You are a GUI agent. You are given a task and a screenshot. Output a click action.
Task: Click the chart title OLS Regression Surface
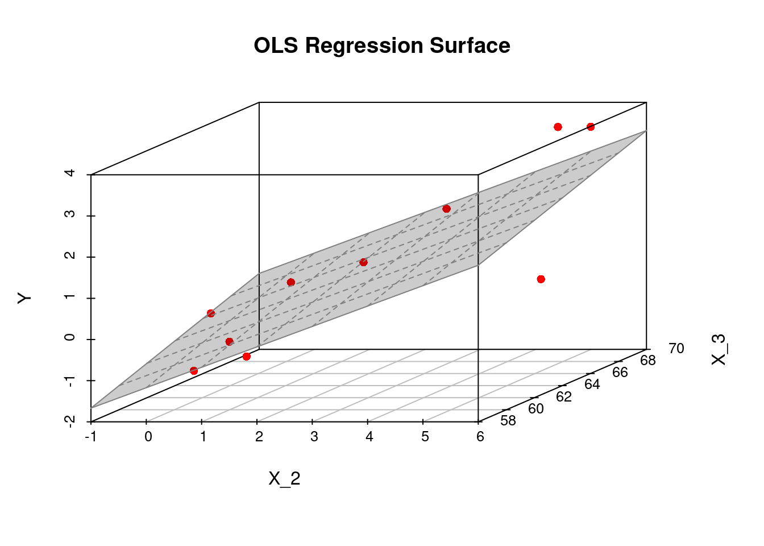381,45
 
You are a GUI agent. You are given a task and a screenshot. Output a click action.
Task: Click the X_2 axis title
284,479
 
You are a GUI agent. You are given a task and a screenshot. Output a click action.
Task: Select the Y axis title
24,298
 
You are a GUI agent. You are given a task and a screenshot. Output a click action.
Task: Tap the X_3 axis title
719,349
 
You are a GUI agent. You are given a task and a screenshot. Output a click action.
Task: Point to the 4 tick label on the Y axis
70,174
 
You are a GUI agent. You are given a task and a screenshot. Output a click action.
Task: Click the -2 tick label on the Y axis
70,421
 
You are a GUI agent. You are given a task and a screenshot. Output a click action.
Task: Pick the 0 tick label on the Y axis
70,339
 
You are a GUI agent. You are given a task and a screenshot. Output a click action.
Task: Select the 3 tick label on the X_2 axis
314,437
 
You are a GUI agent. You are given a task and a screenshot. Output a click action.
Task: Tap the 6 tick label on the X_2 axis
480,437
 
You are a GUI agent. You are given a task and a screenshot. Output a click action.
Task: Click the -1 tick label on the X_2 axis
90,437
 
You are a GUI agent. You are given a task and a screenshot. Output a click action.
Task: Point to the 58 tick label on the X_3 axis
508,421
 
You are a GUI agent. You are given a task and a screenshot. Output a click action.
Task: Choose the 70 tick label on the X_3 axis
676,348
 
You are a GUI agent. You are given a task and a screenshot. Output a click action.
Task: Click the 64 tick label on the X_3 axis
592,384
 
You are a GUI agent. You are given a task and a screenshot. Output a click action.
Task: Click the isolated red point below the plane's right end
541,279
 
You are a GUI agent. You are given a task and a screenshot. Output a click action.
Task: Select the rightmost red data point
591,127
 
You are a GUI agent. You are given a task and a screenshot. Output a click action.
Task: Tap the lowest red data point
194,371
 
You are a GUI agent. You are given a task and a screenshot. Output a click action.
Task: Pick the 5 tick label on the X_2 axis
425,437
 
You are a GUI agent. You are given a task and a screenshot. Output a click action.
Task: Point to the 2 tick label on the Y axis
70,257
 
